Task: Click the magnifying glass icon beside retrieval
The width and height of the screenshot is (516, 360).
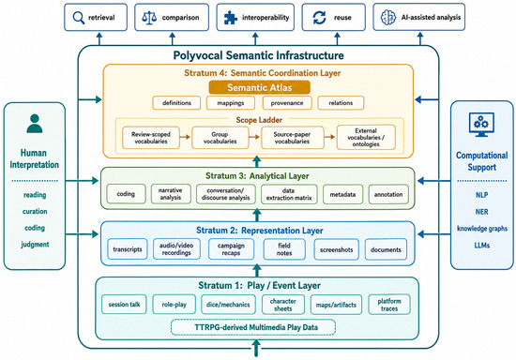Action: [x=78, y=18]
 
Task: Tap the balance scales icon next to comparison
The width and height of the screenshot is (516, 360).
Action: [x=149, y=18]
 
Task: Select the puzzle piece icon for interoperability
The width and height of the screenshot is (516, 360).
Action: [x=231, y=18]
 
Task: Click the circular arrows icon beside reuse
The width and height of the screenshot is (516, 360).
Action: [x=319, y=18]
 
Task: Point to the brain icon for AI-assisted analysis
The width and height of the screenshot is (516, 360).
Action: [x=388, y=18]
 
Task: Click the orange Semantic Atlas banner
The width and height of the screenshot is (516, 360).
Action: [x=259, y=87]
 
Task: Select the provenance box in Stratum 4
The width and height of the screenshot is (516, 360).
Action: [x=287, y=103]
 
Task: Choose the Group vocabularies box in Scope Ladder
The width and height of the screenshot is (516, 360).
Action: [x=220, y=138]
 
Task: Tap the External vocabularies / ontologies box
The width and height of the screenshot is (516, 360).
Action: [x=366, y=138]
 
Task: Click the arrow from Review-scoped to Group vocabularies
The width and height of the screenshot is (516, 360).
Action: [x=186, y=137]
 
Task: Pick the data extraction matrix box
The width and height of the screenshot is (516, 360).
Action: [x=289, y=194]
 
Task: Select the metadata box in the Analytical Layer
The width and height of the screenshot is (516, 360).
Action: [x=342, y=194]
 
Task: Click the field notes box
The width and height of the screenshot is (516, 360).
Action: [x=284, y=249]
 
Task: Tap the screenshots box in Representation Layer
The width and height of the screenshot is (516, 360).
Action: [x=336, y=249]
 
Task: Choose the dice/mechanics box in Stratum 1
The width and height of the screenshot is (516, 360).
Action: [x=228, y=305]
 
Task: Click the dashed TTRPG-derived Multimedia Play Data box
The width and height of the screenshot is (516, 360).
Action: [x=253, y=327]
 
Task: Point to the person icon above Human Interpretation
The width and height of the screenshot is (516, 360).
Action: [x=34, y=124]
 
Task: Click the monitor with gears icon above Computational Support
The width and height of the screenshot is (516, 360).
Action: [x=481, y=125]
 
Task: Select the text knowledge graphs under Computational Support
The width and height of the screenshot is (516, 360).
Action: [x=482, y=229]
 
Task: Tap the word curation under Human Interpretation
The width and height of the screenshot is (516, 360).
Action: [x=35, y=211]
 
